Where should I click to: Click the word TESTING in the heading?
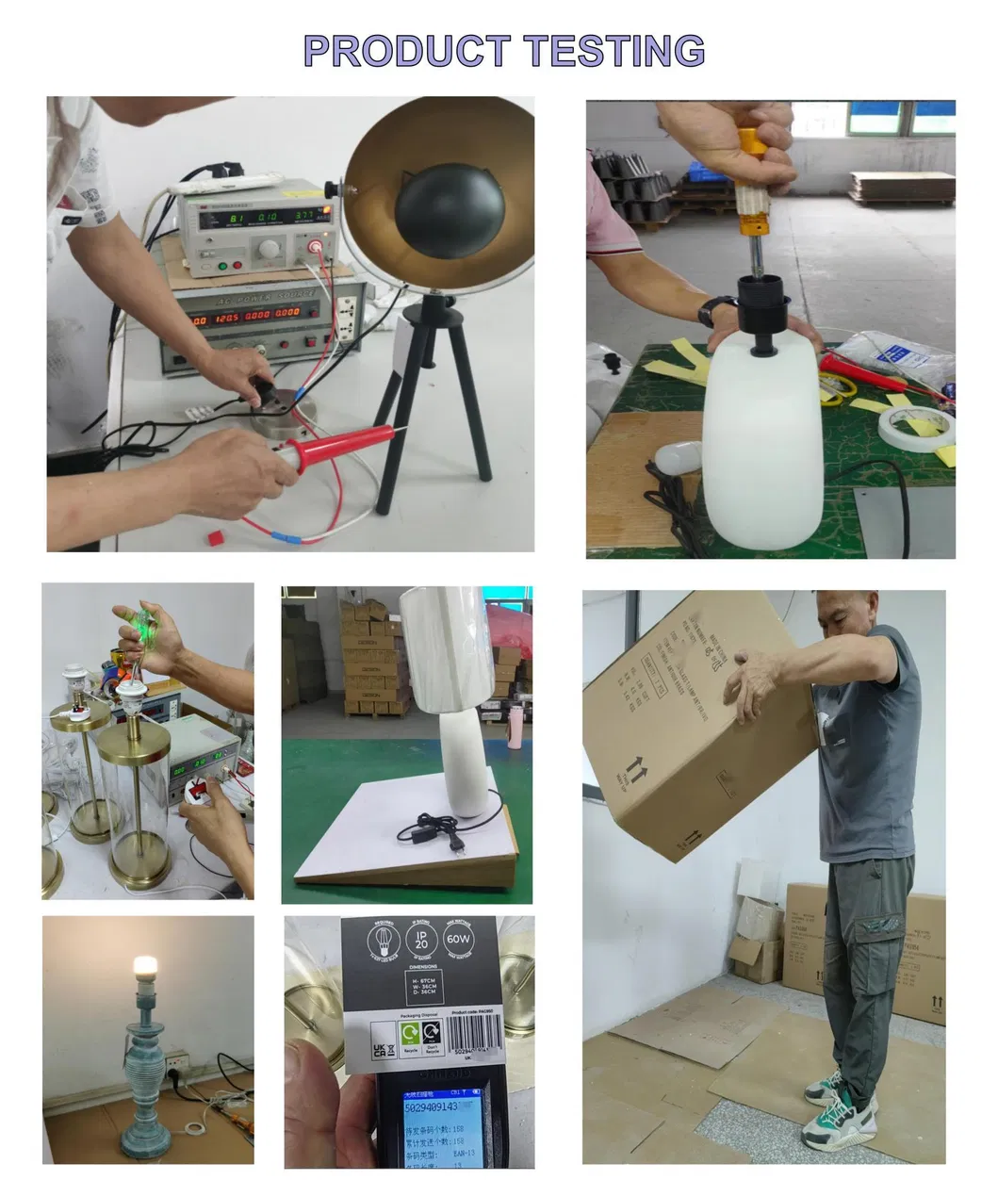pyautogui.click(x=614, y=50)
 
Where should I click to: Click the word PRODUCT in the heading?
pyautogui.click(x=406, y=50)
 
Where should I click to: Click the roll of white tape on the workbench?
pyautogui.click(x=915, y=428)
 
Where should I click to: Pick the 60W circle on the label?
pyautogui.click(x=458, y=940)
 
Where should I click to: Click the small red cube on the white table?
pyautogui.click(x=215, y=536)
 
